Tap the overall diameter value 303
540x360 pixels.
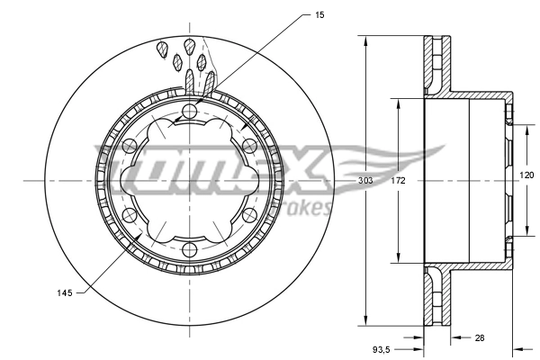[x=364, y=181]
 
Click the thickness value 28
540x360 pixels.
[x=479, y=338]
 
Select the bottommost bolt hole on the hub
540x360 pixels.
[x=189, y=251]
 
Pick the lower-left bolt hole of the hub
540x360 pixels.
[x=129, y=215]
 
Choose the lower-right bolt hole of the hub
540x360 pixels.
[x=248, y=215]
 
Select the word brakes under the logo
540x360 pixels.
[x=306, y=209]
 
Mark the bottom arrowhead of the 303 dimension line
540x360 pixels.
[x=364, y=320]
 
